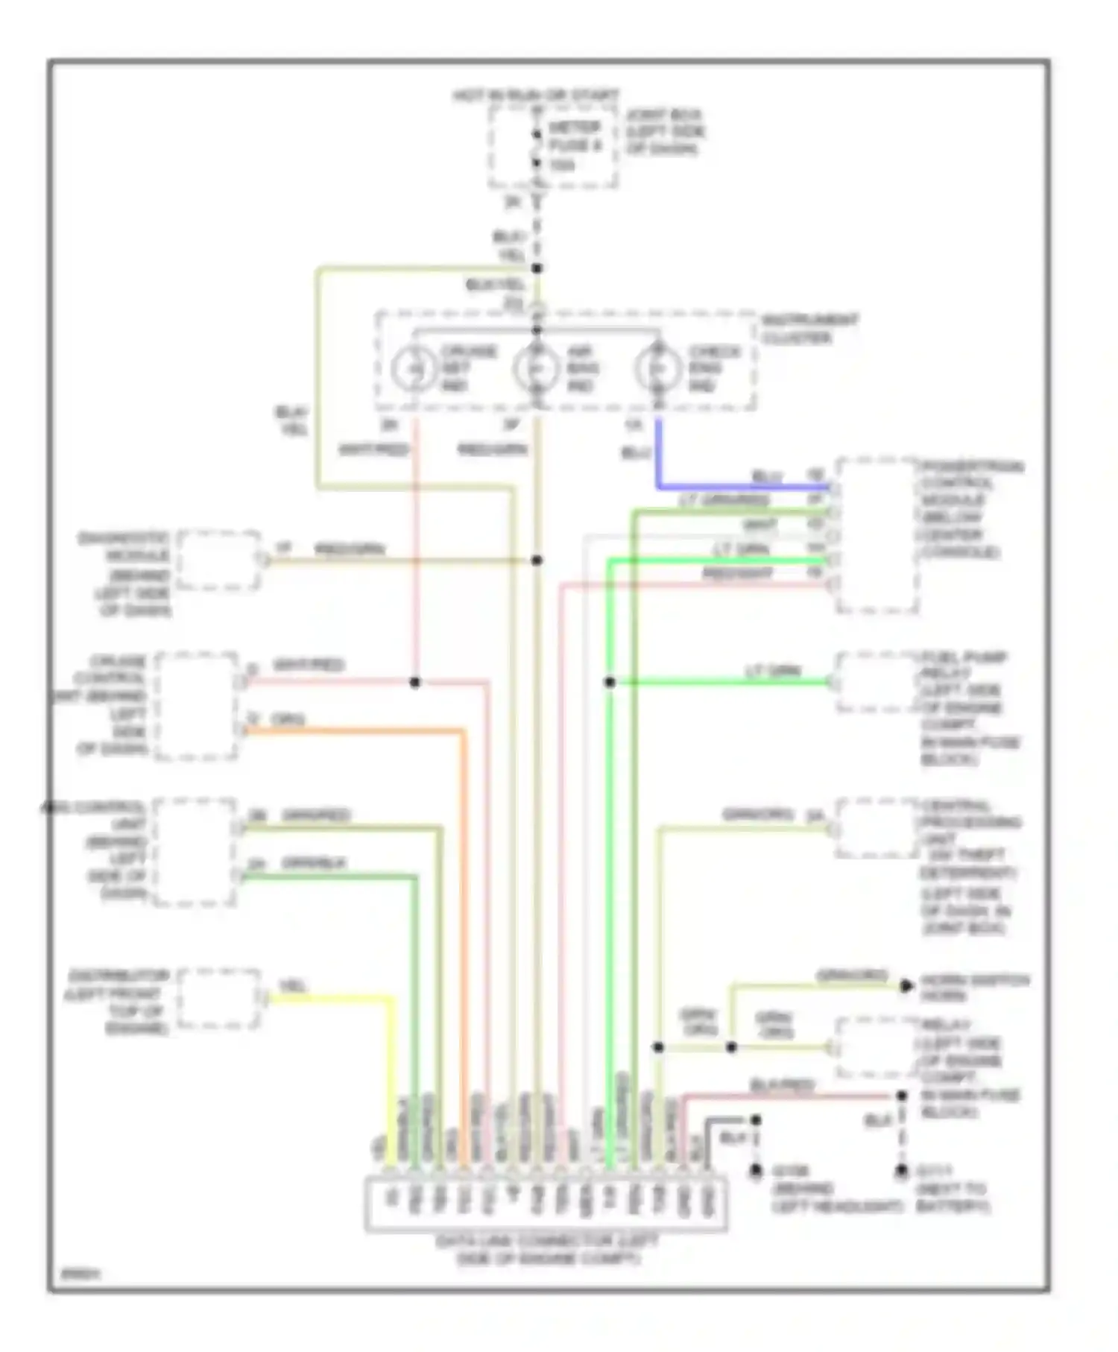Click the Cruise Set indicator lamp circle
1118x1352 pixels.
(414, 369)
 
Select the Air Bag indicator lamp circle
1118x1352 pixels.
(536, 369)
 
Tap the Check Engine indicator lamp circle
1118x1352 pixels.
(657, 369)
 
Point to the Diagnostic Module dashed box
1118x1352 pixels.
(219, 560)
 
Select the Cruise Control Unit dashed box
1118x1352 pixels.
(197, 706)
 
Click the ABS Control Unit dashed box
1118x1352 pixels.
(195, 852)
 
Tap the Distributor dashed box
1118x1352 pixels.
(219, 999)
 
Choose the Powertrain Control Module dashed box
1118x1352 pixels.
(877, 535)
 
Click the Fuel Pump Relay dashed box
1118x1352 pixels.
(877, 682)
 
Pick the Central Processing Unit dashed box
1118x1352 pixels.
(877, 828)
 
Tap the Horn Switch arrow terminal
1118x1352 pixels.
(906, 986)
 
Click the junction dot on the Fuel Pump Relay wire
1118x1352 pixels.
(610, 682)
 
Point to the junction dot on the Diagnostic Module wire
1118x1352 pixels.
(537, 560)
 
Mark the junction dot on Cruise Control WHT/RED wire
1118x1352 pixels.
(415, 682)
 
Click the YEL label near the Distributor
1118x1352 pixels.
(293, 986)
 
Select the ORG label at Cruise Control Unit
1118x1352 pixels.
(288, 720)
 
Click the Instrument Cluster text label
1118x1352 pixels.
(809, 329)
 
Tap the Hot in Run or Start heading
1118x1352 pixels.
(535, 96)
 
